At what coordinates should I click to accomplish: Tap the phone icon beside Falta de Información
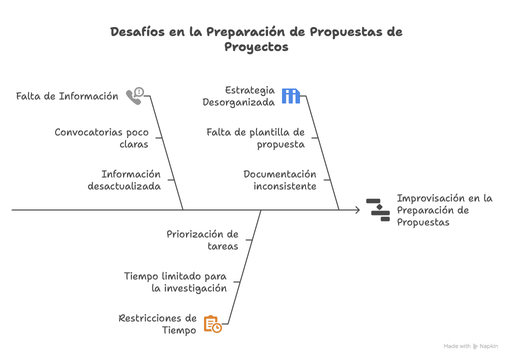(x=135, y=96)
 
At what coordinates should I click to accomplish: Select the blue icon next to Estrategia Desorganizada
(x=291, y=96)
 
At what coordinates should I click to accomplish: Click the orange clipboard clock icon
(x=212, y=324)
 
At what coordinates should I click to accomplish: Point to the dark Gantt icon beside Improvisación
(x=378, y=210)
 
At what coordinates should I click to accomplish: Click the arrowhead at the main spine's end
(x=358, y=210)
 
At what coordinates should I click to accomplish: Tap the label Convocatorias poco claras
(x=101, y=138)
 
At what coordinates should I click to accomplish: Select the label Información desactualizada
(x=124, y=180)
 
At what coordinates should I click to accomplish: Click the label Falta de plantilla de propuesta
(x=255, y=138)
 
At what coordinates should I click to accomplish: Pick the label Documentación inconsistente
(x=280, y=180)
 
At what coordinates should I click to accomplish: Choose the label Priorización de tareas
(x=202, y=240)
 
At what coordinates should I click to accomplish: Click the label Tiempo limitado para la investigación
(x=175, y=282)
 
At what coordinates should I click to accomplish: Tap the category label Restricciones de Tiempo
(x=157, y=324)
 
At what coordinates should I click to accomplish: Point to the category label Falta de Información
(x=67, y=96)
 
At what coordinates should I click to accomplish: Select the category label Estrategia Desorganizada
(x=238, y=96)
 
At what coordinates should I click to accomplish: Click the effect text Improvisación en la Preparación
(x=444, y=204)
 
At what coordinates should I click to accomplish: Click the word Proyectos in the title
(x=256, y=47)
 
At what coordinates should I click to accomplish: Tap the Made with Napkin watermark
(x=470, y=346)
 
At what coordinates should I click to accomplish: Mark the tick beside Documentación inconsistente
(x=327, y=180)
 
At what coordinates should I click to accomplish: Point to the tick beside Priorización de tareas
(x=249, y=240)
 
